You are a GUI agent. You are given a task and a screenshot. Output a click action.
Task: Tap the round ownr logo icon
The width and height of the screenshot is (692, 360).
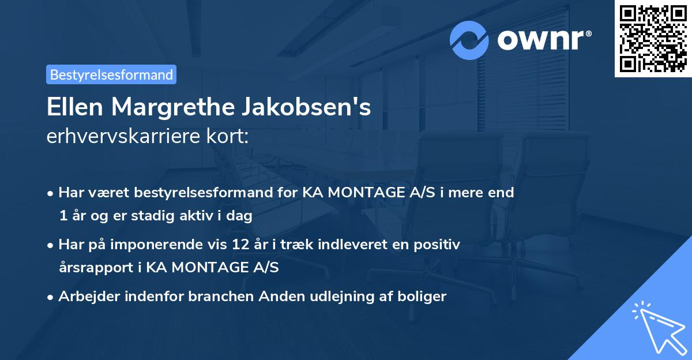click(469, 40)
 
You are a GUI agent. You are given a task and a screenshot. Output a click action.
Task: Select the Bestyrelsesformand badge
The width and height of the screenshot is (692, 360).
click(111, 74)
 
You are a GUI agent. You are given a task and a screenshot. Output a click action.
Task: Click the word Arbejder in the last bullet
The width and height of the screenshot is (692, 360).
click(85, 297)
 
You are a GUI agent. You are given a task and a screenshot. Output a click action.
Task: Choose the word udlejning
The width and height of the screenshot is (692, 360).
click(326, 297)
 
